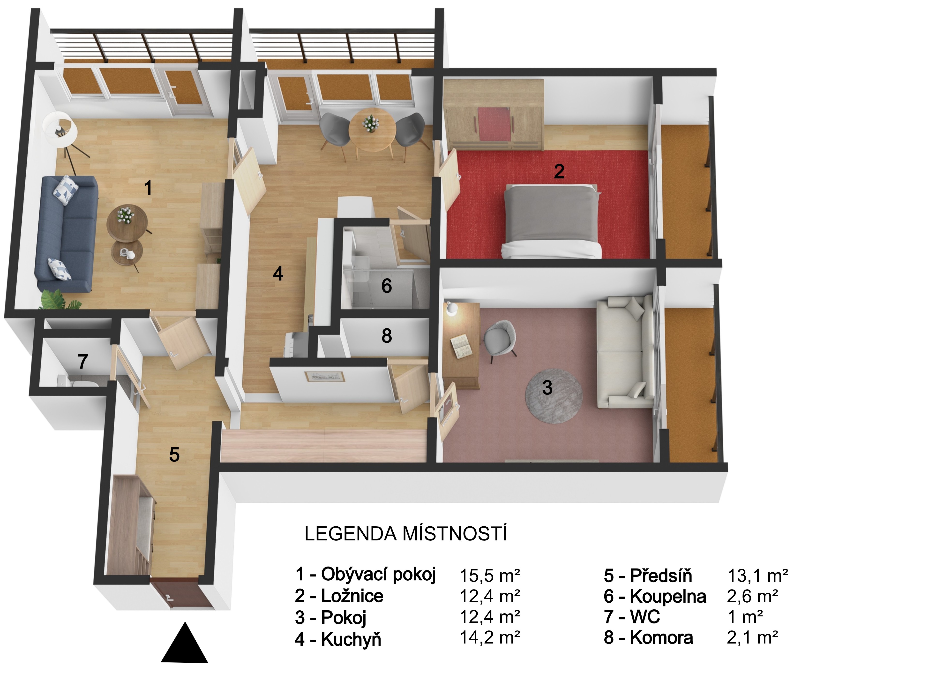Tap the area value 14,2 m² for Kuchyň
tap(490, 638)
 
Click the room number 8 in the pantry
tap(386, 336)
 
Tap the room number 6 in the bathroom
tap(386, 286)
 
